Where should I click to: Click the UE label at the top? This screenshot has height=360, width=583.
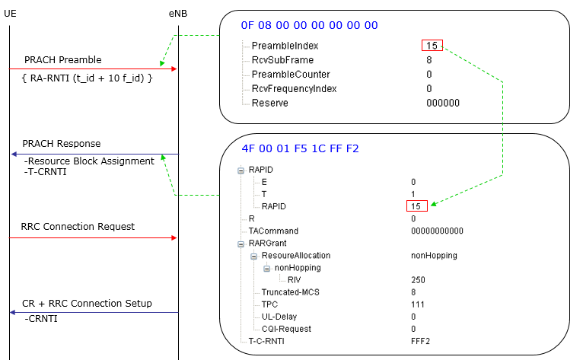10,14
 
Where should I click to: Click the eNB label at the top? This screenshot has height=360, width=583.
177,14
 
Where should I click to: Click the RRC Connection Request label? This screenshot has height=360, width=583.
78,226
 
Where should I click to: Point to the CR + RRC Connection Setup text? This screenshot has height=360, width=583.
87,303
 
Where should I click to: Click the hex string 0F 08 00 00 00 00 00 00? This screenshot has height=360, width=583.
309,25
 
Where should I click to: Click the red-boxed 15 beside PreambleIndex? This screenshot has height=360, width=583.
432,46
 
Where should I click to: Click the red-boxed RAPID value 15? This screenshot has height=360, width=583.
417,206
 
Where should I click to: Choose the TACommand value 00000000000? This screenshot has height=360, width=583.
436,231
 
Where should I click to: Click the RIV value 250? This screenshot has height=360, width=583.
417,279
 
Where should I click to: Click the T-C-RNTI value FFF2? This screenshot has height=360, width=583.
420,340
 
